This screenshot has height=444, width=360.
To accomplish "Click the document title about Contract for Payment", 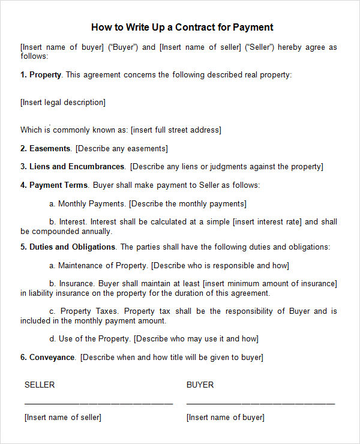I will coord(182,27).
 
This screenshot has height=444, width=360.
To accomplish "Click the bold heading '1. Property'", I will coord(41,75).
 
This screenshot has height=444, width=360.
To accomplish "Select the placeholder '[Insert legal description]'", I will coord(63,103).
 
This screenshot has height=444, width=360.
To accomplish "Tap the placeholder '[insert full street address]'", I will coord(176,130).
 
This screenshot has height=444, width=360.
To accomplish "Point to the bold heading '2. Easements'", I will coord(46,148).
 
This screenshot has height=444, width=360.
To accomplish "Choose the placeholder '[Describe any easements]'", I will coord(122,148).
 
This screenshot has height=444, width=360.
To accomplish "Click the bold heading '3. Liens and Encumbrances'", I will coord(73,167).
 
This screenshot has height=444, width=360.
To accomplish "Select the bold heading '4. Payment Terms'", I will coord(54,185).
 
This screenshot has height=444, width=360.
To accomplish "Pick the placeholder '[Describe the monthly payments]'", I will coord(187,204).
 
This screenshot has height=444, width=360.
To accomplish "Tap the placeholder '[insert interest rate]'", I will coord(267,222).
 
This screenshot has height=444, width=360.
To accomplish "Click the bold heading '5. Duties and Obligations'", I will coord(68,247).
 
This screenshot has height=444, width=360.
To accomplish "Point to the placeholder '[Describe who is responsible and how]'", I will coord(220,265).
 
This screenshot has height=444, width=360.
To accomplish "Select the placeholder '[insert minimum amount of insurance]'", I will coord(270,284).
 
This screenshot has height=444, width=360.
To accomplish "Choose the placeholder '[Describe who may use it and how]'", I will coord(196,339).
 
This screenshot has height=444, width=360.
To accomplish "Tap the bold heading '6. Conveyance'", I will coord(48,358).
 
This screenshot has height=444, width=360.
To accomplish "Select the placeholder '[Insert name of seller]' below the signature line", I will coord(63,418).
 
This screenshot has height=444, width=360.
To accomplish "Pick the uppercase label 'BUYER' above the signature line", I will coord(200,385).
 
